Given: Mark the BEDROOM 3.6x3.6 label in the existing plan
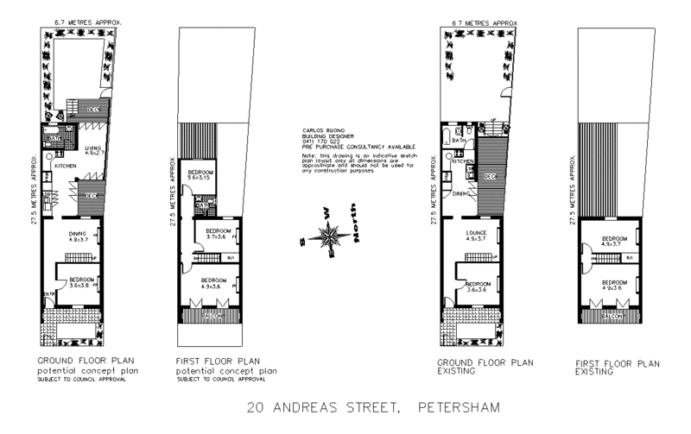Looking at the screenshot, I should (x=478, y=286).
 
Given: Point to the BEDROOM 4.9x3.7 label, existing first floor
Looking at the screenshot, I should (x=614, y=242).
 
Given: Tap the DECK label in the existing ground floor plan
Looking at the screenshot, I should (x=490, y=177).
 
